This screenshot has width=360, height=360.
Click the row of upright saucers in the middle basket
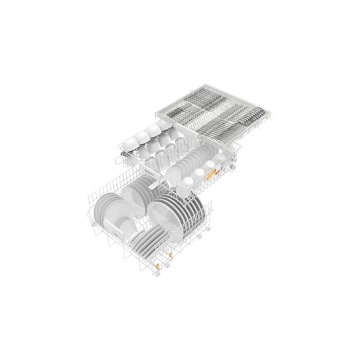coord(190,161)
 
